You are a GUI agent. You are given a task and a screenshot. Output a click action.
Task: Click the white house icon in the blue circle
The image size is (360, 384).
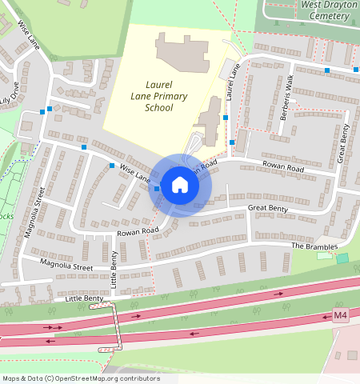click(x=180, y=185)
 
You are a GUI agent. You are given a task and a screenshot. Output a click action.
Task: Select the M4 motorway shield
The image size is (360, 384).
click(x=340, y=315)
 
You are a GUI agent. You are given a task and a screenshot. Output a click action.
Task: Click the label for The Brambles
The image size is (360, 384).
click(x=314, y=246)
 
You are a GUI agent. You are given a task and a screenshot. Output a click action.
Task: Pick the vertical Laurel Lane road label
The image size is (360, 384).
click(x=232, y=82)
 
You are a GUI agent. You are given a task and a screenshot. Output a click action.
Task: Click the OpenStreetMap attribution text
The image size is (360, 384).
click(x=81, y=378)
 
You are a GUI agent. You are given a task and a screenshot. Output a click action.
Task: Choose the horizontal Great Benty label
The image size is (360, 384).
click(x=267, y=208)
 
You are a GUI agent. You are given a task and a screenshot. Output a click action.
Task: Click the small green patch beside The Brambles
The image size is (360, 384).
click(x=342, y=258)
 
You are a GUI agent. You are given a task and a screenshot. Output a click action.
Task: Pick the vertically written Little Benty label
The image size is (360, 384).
click(x=114, y=270)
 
